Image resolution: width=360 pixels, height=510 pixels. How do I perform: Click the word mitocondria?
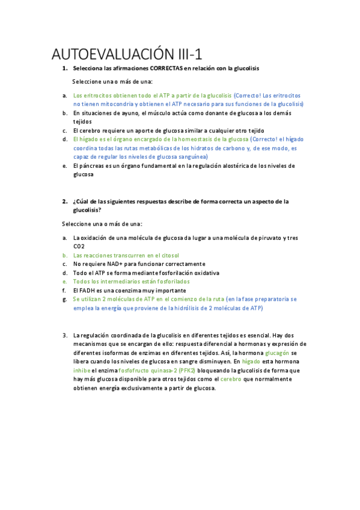tap(120, 104)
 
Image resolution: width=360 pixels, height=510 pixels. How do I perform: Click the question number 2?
tap(64, 201)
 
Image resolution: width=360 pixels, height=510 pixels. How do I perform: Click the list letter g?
tap(64, 299)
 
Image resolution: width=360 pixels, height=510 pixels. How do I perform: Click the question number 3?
tap(64, 334)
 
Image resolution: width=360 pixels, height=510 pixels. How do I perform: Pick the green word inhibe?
tap(82, 370)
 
